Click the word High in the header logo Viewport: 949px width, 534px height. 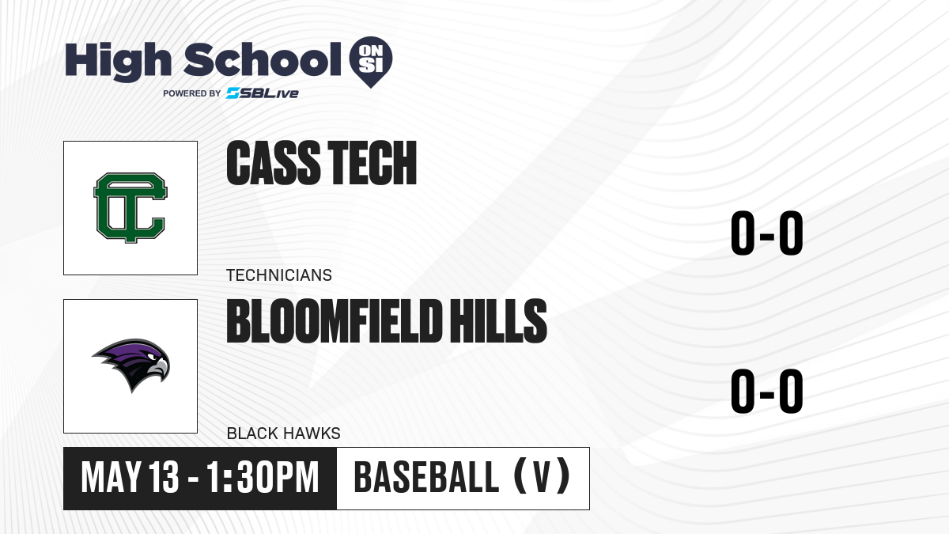118,62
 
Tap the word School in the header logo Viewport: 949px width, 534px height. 263,59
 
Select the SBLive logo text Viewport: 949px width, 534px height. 263,93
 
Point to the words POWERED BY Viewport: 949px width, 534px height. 192,93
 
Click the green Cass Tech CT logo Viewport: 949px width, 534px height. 130,207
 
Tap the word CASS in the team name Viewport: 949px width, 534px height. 274,163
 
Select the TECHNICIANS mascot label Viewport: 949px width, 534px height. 279,275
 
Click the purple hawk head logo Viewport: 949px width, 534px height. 131,365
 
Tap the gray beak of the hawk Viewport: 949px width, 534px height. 159,367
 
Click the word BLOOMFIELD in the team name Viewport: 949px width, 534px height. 333,321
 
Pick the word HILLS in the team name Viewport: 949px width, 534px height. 497,321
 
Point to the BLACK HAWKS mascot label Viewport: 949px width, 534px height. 283,434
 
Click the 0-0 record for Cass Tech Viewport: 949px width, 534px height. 767,233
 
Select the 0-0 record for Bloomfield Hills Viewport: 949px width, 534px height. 767,391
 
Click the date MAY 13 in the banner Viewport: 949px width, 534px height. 130,478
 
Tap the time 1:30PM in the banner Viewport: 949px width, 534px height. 263,478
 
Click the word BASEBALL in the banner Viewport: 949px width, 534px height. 426,478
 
